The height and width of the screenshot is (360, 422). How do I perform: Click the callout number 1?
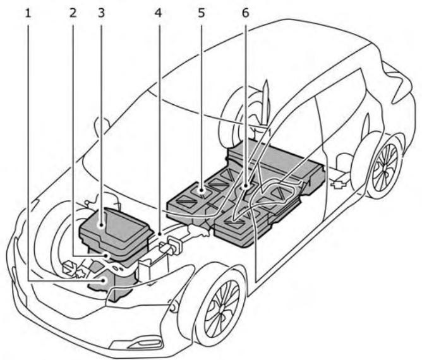(28, 11)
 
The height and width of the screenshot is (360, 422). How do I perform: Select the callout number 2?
(75, 11)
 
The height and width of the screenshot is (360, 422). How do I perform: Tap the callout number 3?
(102, 11)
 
